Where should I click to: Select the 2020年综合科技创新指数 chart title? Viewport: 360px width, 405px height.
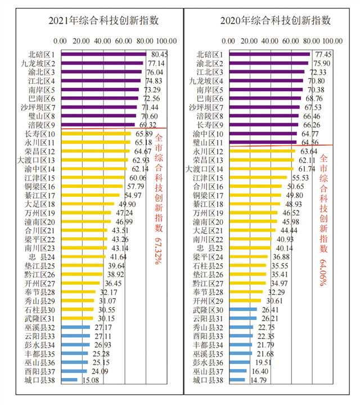point(275,21)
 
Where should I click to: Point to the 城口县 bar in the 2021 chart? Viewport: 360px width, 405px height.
point(68,380)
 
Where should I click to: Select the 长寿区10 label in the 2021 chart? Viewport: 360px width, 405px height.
point(40,134)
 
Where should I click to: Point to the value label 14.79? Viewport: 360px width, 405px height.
point(257,380)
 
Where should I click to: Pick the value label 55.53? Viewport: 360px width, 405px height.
point(300,178)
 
